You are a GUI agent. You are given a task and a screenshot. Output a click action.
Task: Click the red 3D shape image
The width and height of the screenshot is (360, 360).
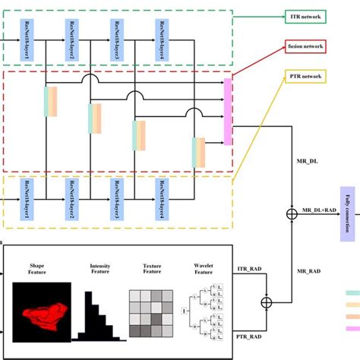(x=43, y=311)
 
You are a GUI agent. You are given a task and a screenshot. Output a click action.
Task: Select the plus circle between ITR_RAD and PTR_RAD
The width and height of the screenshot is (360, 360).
(x=267, y=303)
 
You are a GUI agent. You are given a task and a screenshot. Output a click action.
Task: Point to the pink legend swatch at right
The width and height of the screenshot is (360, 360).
(x=352, y=329)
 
